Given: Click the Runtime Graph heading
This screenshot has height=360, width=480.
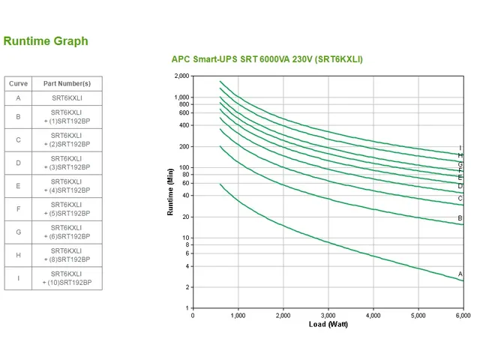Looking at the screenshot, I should click(45, 41).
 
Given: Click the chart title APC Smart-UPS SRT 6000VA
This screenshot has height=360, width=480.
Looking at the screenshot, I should click(267, 58).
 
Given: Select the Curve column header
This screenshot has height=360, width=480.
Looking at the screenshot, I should click(18, 83).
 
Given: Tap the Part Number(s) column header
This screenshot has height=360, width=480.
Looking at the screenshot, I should click(67, 83).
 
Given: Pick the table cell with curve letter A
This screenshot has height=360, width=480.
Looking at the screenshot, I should click(18, 98).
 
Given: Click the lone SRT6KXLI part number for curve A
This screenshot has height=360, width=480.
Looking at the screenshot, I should click(67, 98).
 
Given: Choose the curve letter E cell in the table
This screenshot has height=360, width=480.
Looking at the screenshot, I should click(18, 185).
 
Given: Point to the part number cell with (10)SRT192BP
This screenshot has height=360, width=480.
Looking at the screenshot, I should click(67, 278).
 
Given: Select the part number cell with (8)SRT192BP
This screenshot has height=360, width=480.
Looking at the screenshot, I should click(67, 255).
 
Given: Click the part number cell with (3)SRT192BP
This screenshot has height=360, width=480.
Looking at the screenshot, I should click(67, 162).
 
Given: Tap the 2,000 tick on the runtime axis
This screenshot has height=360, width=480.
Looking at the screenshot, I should click(181, 76).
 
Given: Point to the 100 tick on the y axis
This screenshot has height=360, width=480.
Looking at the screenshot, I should click(184, 167).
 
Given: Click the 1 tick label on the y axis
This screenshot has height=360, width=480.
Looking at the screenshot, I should click(187, 307).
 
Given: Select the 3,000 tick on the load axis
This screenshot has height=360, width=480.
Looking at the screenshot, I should click(328, 316).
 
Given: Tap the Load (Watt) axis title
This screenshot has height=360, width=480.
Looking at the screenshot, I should click(328, 325).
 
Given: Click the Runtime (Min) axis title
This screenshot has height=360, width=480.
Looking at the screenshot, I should click(170, 192).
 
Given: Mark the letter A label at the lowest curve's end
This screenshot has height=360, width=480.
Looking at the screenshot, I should click(460, 274).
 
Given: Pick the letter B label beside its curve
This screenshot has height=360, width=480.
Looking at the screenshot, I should click(460, 218).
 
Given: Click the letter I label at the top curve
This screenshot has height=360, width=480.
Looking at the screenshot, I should click(460, 148).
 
